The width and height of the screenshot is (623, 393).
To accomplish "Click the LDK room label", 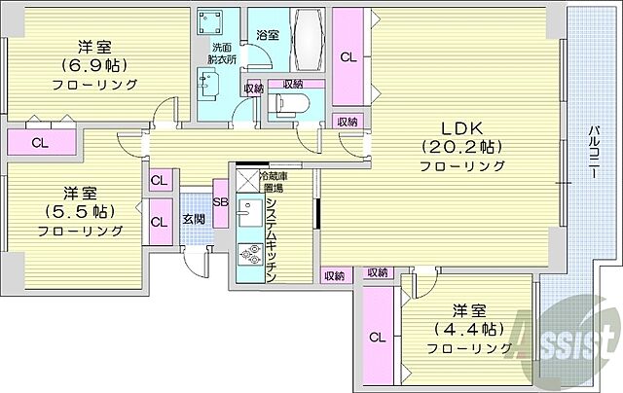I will point(461,128).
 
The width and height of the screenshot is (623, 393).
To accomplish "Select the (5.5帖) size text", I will point(81,211).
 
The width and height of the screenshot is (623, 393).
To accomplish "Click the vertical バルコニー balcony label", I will point(592,157).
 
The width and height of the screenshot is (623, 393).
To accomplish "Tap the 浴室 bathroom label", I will point(268,35).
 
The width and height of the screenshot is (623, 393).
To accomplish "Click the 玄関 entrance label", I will point(194,218).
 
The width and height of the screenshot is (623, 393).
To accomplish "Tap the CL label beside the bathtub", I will point(348,57).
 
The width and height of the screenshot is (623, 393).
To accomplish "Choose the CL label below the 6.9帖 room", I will point(39,142).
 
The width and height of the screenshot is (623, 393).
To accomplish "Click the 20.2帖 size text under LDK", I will point(461,147).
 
